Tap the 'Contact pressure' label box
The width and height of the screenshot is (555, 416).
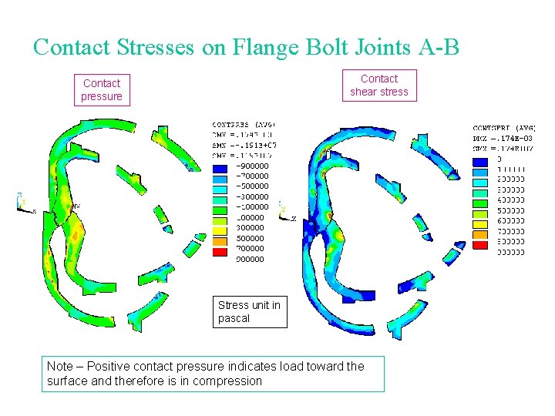pyautogui.click(x=102, y=89)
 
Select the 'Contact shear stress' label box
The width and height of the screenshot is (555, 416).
pyautogui.click(x=379, y=85)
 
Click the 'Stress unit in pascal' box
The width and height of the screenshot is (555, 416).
pyautogui.click(x=250, y=311)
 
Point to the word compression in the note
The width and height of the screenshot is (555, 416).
pyautogui.click(x=227, y=381)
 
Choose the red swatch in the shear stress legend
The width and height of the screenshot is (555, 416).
pyautogui.click(x=480, y=245)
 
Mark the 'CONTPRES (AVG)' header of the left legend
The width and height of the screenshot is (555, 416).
pyautogui.click(x=244, y=125)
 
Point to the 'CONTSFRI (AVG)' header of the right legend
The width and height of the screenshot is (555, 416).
pyautogui.click(x=504, y=128)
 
